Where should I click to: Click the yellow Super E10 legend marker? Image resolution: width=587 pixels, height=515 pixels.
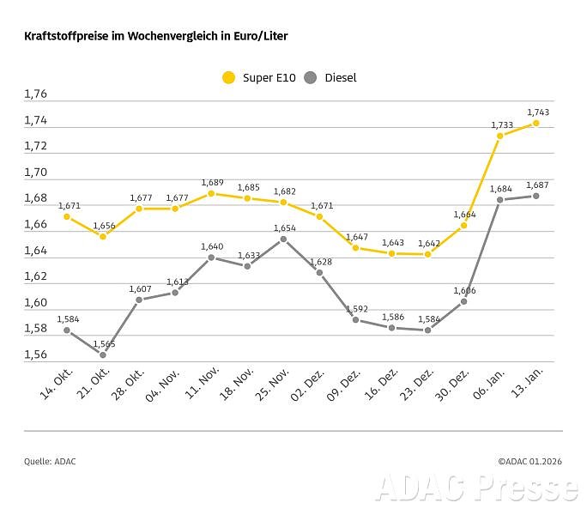pos(228,78)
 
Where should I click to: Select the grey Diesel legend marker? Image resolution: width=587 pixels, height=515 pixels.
pos(311,78)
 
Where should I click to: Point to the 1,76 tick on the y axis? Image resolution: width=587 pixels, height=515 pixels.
pos(36,94)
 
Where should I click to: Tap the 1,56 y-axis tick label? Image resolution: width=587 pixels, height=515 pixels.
pos(36,354)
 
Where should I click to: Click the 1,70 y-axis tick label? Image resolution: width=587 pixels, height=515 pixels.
pos(36,173)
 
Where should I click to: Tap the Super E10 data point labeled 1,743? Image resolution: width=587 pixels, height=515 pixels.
pos(536,123)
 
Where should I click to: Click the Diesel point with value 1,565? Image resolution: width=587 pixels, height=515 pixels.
pos(103,354)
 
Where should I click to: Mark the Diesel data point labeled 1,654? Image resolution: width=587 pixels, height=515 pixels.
pos(284,239)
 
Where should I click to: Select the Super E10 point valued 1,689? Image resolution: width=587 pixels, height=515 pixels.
pos(212,193)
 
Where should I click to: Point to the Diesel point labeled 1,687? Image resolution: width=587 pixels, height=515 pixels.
pos(536,196)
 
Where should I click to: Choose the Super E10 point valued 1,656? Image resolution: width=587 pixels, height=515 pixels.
pos(103,236)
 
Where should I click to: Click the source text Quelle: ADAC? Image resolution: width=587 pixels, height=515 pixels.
pos(50,462)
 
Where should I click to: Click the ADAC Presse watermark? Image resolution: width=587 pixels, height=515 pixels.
pos(476,488)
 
